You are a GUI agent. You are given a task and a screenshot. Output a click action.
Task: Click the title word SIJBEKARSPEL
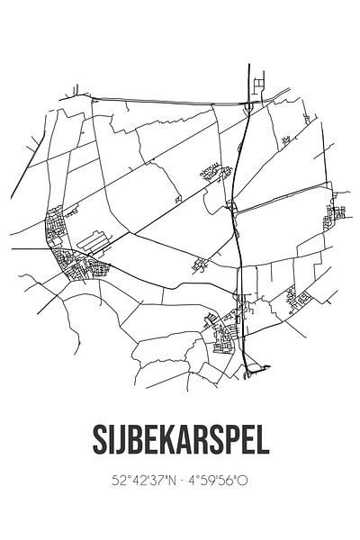click(180, 443)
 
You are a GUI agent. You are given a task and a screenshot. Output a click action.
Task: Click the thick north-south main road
click(238, 234)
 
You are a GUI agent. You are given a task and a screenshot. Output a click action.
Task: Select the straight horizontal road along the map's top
click(162, 98)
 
